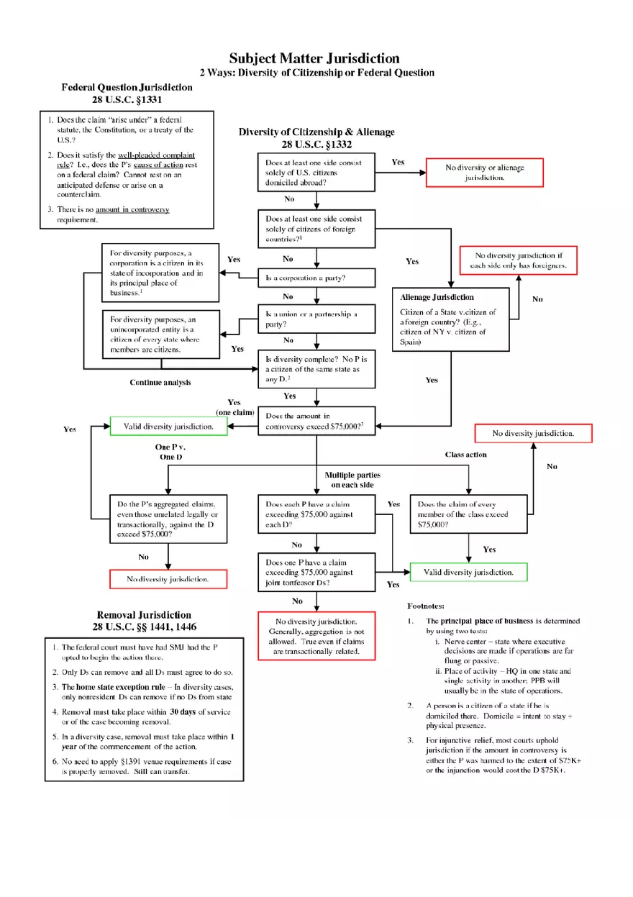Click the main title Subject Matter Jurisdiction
click(x=314, y=58)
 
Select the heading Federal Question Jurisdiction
click(x=127, y=87)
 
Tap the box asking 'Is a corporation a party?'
click(x=316, y=278)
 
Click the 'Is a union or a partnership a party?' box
click(x=316, y=319)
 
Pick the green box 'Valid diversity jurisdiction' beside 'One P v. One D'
click(x=168, y=427)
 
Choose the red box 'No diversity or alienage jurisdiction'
click(x=484, y=173)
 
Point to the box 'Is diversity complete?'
click(x=316, y=368)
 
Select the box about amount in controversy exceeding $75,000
click(x=316, y=421)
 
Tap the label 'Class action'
click(x=465, y=455)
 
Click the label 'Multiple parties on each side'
click(x=352, y=480)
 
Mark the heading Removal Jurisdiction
click(x=144, y=615)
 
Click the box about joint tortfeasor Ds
click(x=316, y=573)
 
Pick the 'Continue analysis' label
click(x=160, y=382)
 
